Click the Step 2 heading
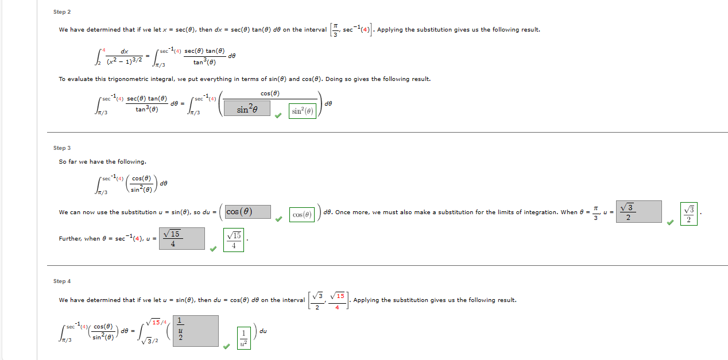point(62,12)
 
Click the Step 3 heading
point(62,148)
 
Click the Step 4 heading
point(62,281)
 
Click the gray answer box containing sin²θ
point(247,108)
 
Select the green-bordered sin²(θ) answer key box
point(303,111)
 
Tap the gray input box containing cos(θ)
point(247,211)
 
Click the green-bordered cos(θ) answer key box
point(302,215)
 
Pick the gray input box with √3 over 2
point(638,211)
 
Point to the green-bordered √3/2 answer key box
point(689,214)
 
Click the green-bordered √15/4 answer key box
point(234,240)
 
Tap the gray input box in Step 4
point(195,331)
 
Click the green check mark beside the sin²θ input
point(278,115)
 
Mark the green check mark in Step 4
point(227,346)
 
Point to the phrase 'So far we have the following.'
point(103,162)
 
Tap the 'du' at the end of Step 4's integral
point(263,331)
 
